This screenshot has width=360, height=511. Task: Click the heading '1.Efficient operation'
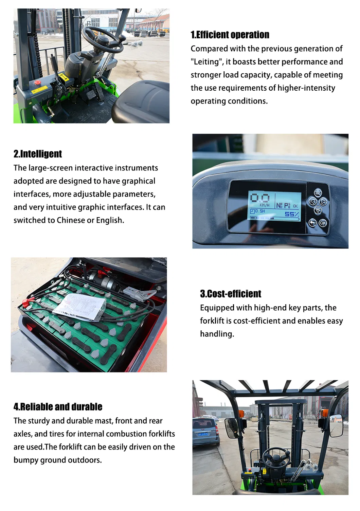click(x=230, y=35)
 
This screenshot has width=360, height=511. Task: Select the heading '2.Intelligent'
click(x=38, y=154)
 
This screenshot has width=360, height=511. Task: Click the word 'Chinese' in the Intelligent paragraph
click(x=71, y=220)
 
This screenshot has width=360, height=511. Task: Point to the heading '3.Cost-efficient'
click(x=231, y=294)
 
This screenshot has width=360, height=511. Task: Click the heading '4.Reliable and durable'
click(x=58, y=407)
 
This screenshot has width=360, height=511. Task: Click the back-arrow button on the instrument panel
click(x=313, y=223)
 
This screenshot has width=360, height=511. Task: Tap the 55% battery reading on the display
click(x=291, y=214)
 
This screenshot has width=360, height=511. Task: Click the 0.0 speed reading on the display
click(x=260, y=198)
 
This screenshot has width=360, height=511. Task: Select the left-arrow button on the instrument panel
click(x=312, y=202)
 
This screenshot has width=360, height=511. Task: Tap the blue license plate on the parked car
click(x=203, y=434)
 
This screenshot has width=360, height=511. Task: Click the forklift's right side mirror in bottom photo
click(x=336, y=425)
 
